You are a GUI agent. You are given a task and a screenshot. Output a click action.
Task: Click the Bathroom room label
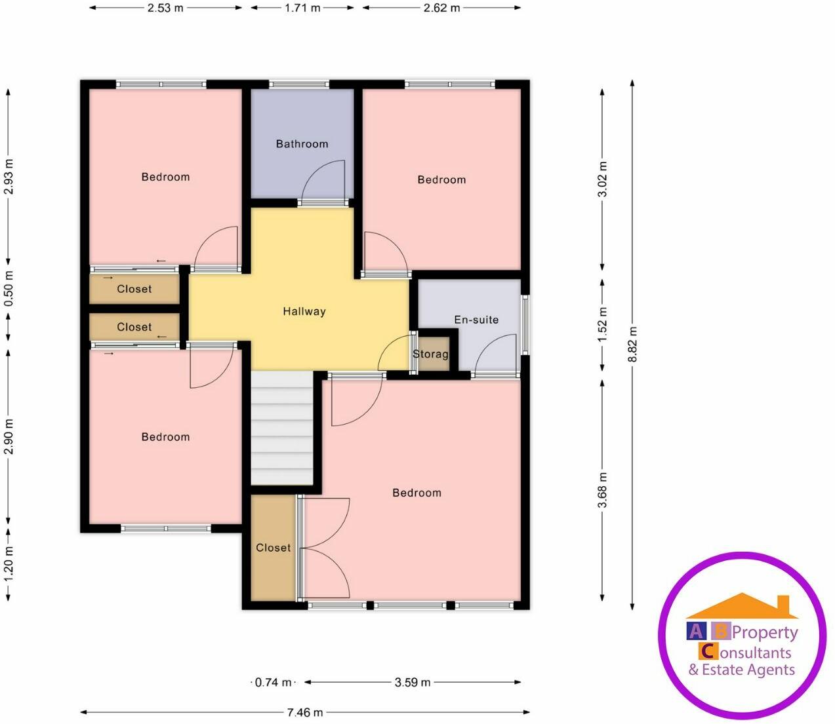(302, 143)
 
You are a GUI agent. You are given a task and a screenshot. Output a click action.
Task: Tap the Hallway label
(304, 311)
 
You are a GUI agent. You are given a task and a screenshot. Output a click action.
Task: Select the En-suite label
(476, 320)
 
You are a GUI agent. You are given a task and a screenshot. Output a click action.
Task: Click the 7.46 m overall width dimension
(305, 712)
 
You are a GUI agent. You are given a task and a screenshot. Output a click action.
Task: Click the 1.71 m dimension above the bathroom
(302, 8)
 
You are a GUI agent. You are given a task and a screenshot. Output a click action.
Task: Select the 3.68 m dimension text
(603, 489)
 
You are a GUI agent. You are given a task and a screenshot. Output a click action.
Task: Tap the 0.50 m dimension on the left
(9, 289)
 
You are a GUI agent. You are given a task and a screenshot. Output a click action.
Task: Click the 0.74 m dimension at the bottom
(274, 682)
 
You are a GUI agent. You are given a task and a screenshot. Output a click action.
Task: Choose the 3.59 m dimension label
(413, 682)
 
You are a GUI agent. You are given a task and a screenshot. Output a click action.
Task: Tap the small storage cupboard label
(431, 354)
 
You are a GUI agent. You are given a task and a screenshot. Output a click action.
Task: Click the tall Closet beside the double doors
(273, 548)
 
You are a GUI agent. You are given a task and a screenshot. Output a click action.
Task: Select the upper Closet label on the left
(134, 289)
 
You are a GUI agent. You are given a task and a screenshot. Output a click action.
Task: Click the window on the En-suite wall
(525, 324)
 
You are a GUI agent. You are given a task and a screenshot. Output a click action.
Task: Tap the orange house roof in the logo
(741, 606)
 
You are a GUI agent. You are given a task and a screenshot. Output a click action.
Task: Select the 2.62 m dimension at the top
(441, 8)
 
